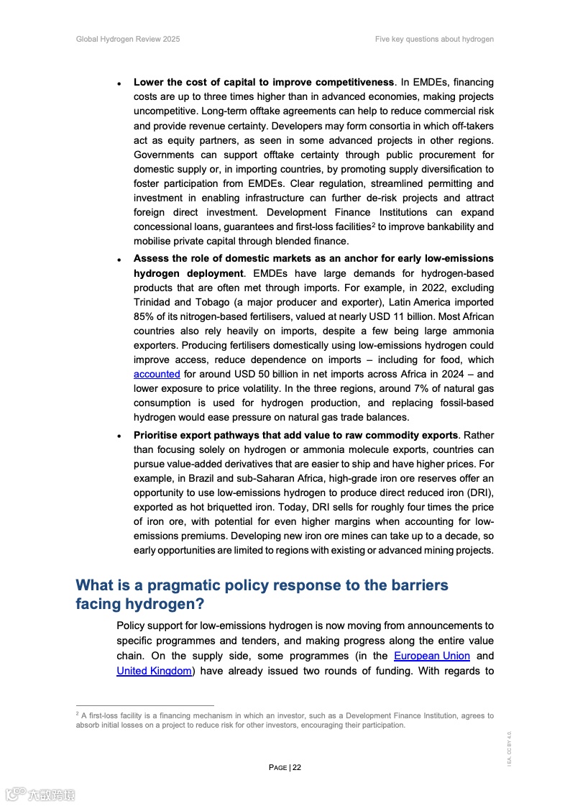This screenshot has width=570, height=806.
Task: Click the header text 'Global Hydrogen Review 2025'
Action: point(128,39)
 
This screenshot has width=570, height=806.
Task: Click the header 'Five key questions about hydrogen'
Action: point(434,39)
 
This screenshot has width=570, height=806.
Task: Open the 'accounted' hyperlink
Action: point(157,374)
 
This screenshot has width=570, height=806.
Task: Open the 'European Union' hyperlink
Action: point(432,656)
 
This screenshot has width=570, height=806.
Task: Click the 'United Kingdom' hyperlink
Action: point(154,670)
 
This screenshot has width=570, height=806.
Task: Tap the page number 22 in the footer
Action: point(297,767)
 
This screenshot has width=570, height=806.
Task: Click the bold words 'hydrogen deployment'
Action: point(188,273)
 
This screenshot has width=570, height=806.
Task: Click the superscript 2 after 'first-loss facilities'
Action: point(373,225)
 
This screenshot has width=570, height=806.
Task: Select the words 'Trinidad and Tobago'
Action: point(178,302)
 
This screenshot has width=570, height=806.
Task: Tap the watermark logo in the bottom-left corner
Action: point(40,794)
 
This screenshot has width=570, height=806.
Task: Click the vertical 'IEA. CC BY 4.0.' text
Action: point(509,748)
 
